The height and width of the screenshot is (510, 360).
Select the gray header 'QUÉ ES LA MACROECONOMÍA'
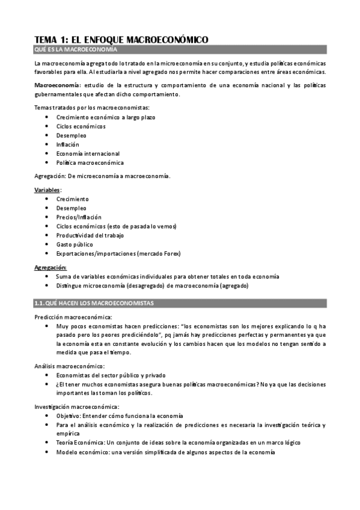tap(76, 49)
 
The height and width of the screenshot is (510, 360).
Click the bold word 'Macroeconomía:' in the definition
tap(58, 85)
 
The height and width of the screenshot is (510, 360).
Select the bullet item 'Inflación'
tap(67, 144)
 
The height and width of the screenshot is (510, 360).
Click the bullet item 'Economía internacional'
tap(87, 153)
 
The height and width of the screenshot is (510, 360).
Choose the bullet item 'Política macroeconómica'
tap(90, 162)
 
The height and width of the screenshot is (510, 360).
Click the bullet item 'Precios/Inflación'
tap(79, 217)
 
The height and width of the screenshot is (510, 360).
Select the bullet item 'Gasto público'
tap(74, 244)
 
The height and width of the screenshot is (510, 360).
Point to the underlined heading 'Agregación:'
tap(50, 266)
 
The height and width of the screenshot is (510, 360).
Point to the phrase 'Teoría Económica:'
tap(79, 443)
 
